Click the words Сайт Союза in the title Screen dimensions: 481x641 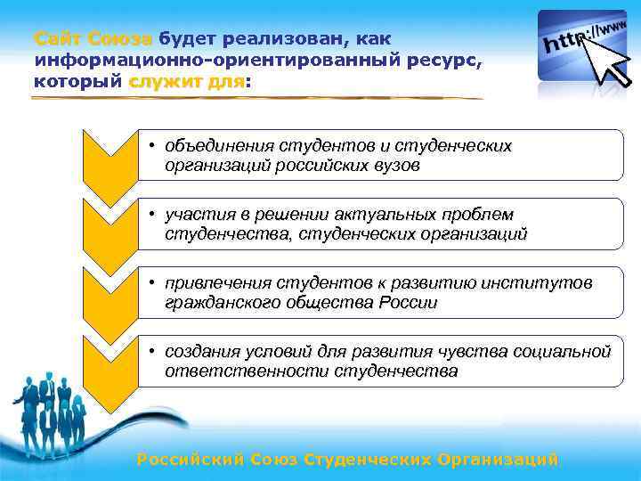click(94, 39)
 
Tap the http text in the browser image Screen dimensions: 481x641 click(566, 43)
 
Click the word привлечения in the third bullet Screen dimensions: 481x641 click(223, 282)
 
